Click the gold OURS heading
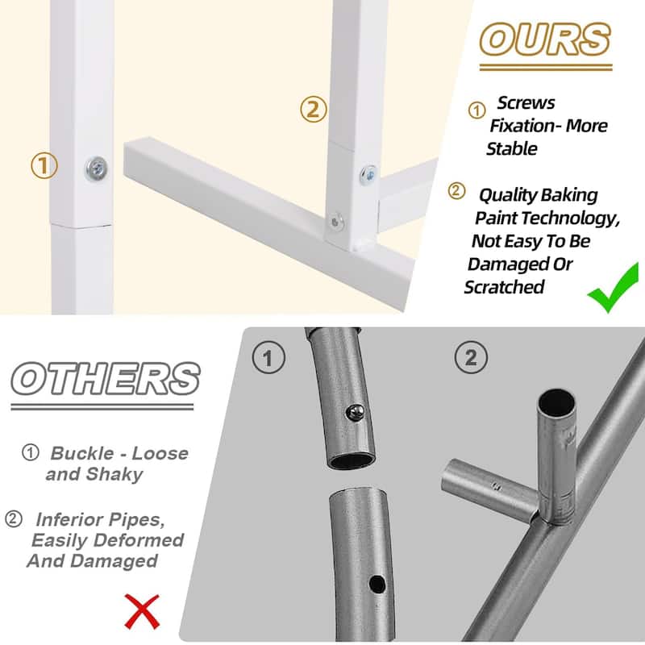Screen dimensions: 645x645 (545, 39)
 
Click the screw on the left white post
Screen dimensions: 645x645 (97, 169)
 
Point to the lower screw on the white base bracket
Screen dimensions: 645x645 (336, 218)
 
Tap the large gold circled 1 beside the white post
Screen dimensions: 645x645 (44, 166)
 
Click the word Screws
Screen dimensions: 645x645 (526, 103)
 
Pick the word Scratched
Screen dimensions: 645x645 (505, 287)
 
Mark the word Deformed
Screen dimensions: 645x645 (134, 540)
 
